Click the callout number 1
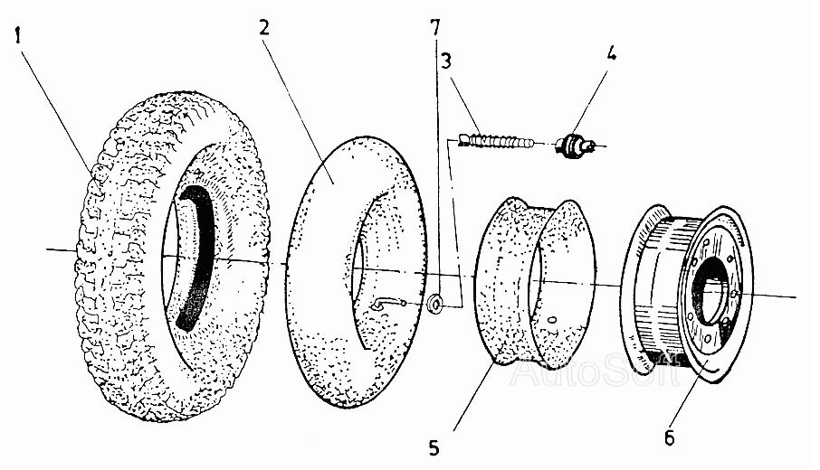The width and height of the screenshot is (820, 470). [x=19, y=37]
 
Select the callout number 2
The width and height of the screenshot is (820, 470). [x=264, y=27]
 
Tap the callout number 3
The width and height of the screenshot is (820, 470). [x=446, y=61]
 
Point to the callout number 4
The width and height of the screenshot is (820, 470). [x=611, y=53]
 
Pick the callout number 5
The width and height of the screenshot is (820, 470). [x=434, y=447]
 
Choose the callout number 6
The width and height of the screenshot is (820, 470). [x=670, y=437]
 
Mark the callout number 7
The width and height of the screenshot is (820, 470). [x=435, y=27]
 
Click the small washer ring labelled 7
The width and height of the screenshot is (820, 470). [x=434, y=304]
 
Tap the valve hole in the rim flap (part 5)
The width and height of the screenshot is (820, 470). [x=552, y=318]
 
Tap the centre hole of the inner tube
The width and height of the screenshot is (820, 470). [x=361, y=271]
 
